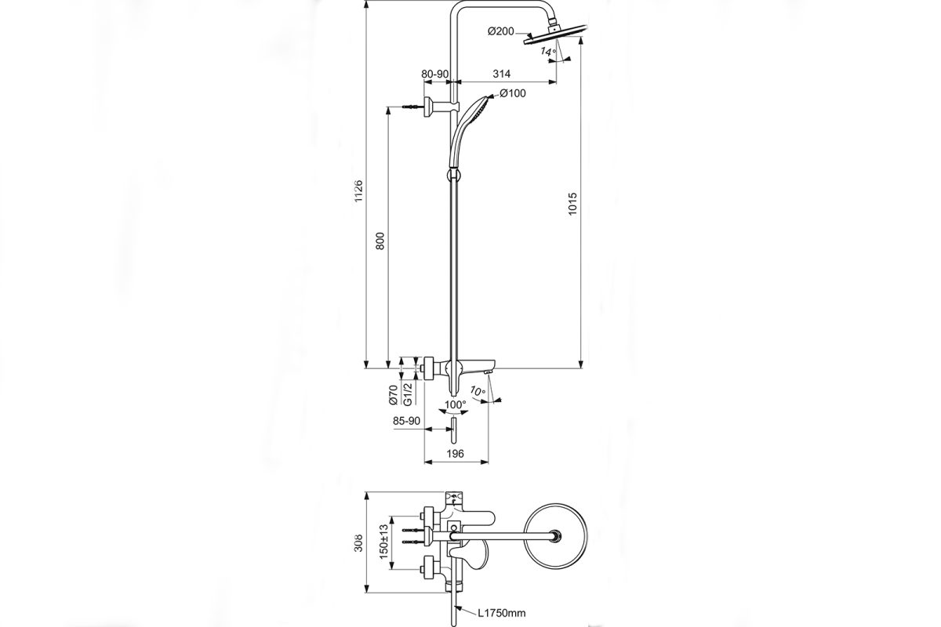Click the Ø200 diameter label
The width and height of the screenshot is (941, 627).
tap(500, 31)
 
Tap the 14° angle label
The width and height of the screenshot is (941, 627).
tap(548, 51)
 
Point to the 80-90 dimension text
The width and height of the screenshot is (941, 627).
tap(435, 74)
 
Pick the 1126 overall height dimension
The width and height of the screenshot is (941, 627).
tap(358, 192)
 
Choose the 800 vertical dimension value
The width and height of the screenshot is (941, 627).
tap(380, 241)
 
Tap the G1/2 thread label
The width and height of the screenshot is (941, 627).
tap(408, 394)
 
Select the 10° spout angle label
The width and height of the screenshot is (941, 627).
tap(478, 390)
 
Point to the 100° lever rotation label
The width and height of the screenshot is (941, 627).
tap(454, 404)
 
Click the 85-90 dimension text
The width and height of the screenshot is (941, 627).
tap(409, 421)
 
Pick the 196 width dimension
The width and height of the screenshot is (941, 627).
tap(456, 453)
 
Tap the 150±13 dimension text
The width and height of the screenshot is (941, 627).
tap(384, 541)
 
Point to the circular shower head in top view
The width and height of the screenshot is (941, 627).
tap(557, 537)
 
